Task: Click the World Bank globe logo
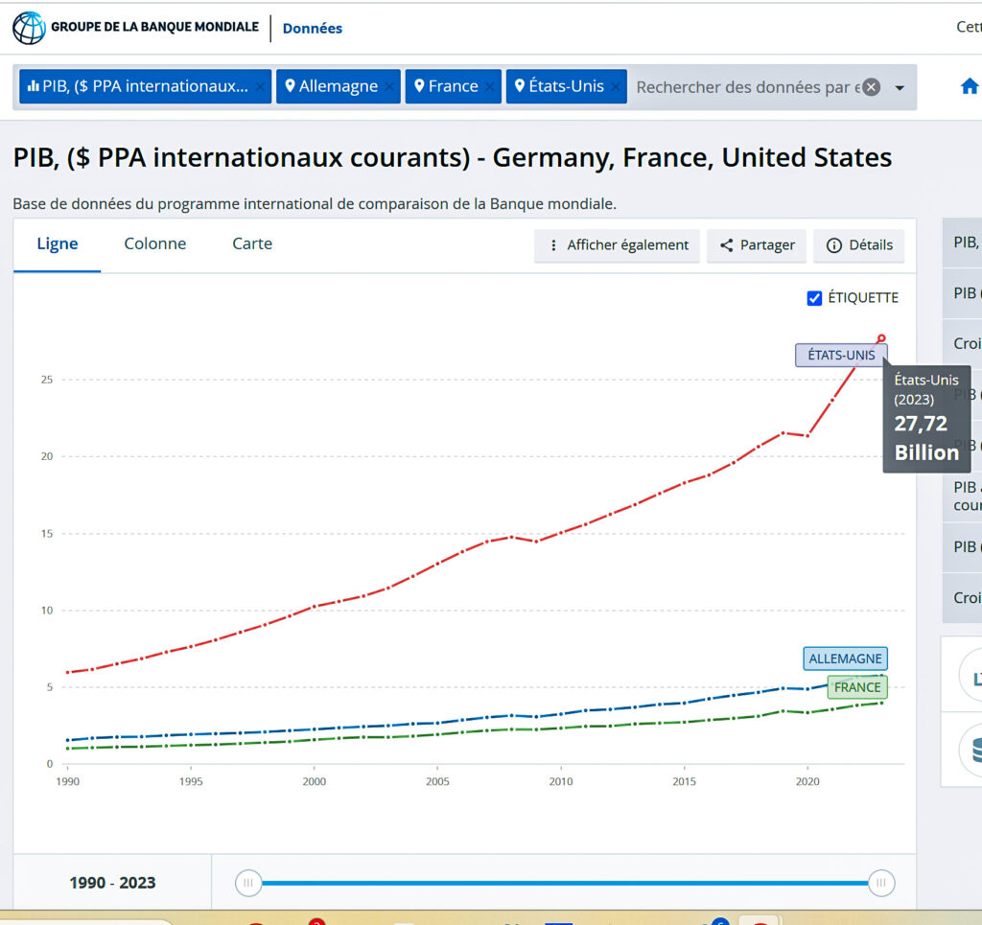coord(29,28)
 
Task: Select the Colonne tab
coord(155,243)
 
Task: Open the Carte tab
coord(252,243)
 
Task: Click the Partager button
coord(757,245)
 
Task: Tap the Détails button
coord(859,245)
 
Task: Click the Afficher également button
coord(617,245)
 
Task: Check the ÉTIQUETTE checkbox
coord(815,298)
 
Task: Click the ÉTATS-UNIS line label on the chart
coord(841,355)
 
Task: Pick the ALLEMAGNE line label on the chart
coord(844,659)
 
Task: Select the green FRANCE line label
coord(856,686)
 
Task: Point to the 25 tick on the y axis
coord(46,380)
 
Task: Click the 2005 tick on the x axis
coord(437,781)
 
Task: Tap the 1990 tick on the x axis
coord(67,781)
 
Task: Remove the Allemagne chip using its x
coord(389,87)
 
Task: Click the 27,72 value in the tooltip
coord(921,424)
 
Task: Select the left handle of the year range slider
coord(248,883)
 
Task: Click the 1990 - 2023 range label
coord(112,883)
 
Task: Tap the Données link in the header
coord(312,29)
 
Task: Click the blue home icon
coord(970,86)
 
